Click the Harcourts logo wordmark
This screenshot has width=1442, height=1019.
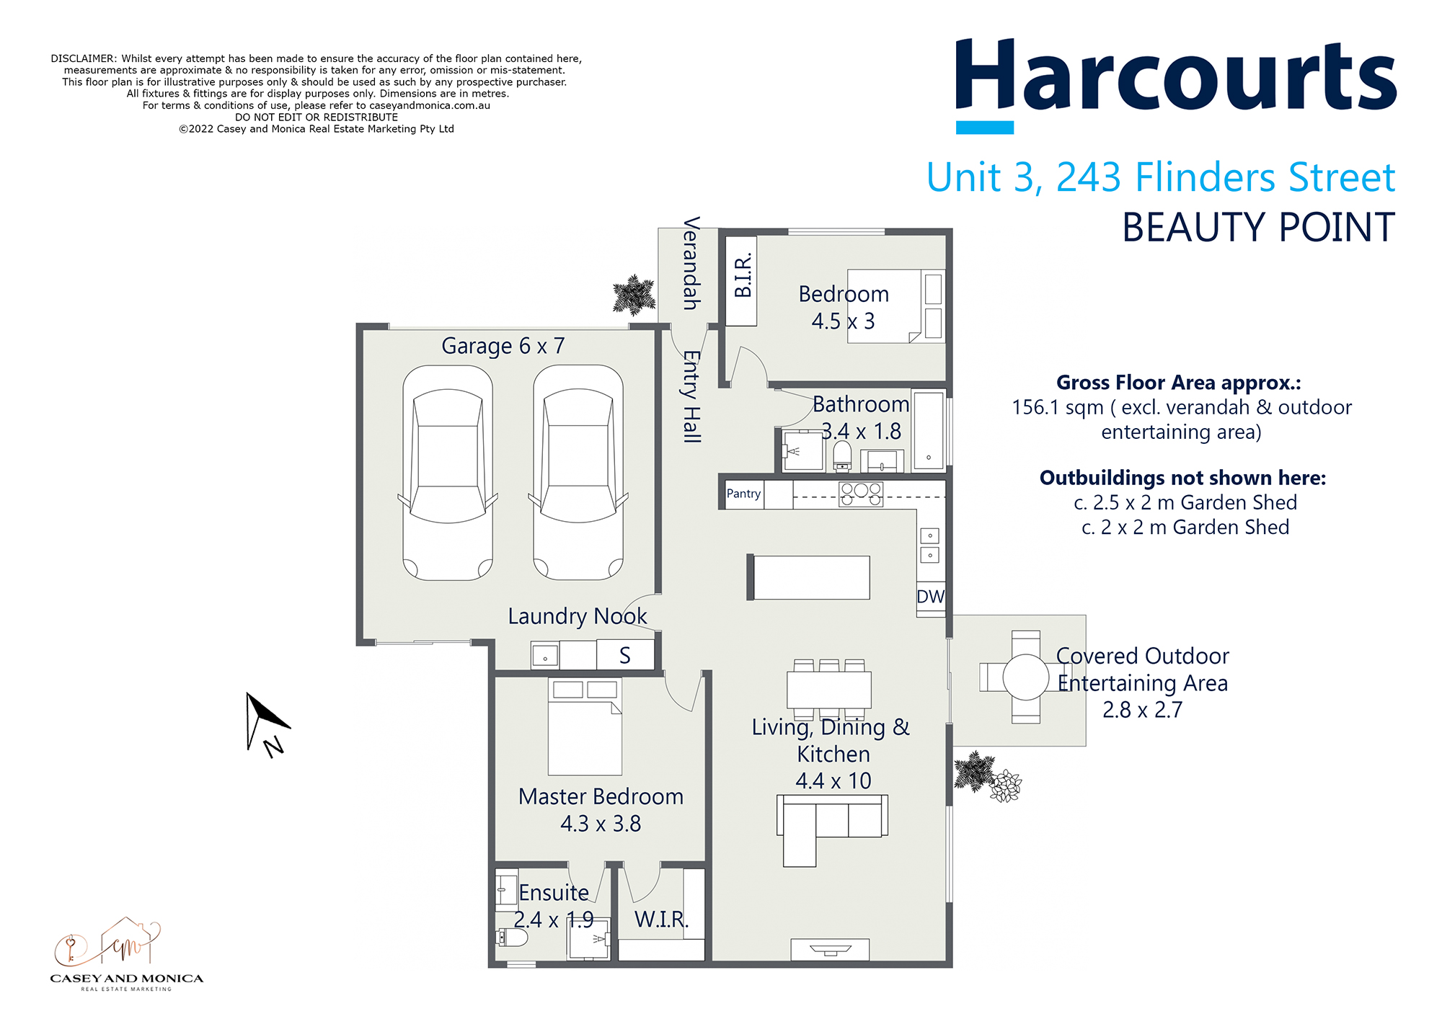1175,78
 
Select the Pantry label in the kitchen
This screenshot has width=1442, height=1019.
743,494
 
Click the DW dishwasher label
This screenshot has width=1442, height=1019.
930,597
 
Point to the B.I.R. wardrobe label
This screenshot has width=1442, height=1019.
742,275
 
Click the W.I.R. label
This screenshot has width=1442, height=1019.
661,920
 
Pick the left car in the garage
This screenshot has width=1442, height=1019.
448,472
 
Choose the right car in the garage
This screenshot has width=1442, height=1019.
578,472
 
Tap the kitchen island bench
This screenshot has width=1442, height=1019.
809,577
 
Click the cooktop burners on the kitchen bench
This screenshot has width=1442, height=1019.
861,494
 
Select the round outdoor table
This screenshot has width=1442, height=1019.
1025,677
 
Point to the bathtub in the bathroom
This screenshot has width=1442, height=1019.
929,431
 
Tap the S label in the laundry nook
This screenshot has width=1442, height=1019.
624,656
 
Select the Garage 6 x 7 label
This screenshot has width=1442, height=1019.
503,346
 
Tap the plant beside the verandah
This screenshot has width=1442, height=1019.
634,295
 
